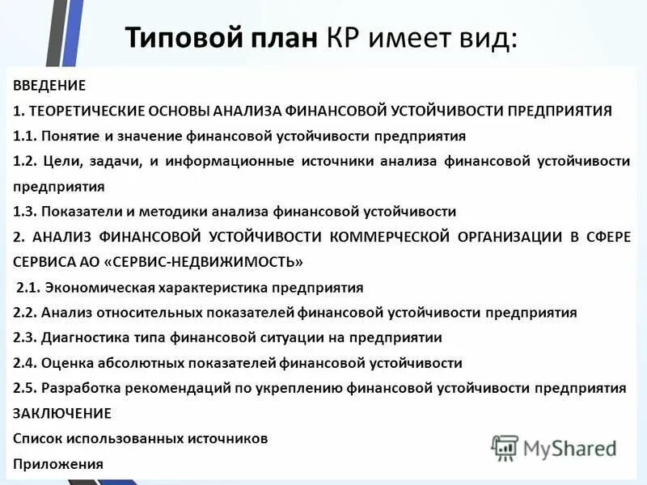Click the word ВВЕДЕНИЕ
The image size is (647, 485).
(49, 84)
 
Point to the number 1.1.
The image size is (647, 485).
(25, 135)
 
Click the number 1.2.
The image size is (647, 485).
(25, 161)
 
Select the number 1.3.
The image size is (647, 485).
(25, 212)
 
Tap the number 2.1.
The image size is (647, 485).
(29, 287)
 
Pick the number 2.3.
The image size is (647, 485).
(25, 338)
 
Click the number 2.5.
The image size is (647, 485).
(25, 388)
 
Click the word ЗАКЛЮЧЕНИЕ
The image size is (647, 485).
(62, 413)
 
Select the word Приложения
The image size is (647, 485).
(58, 464)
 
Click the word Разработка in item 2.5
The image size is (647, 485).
(78, 388)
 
